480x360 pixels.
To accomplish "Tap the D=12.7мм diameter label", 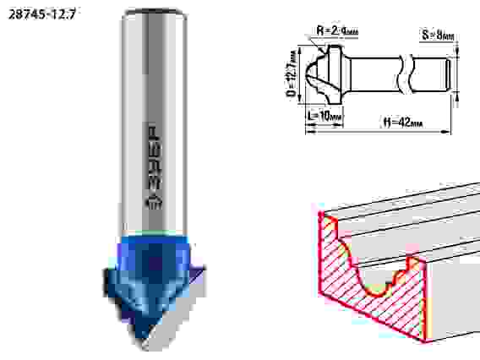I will click(292, 74).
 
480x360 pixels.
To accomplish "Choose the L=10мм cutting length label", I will click(321, 115).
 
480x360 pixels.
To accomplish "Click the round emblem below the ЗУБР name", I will click(155, 200).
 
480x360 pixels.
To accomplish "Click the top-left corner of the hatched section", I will click(319, 215).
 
